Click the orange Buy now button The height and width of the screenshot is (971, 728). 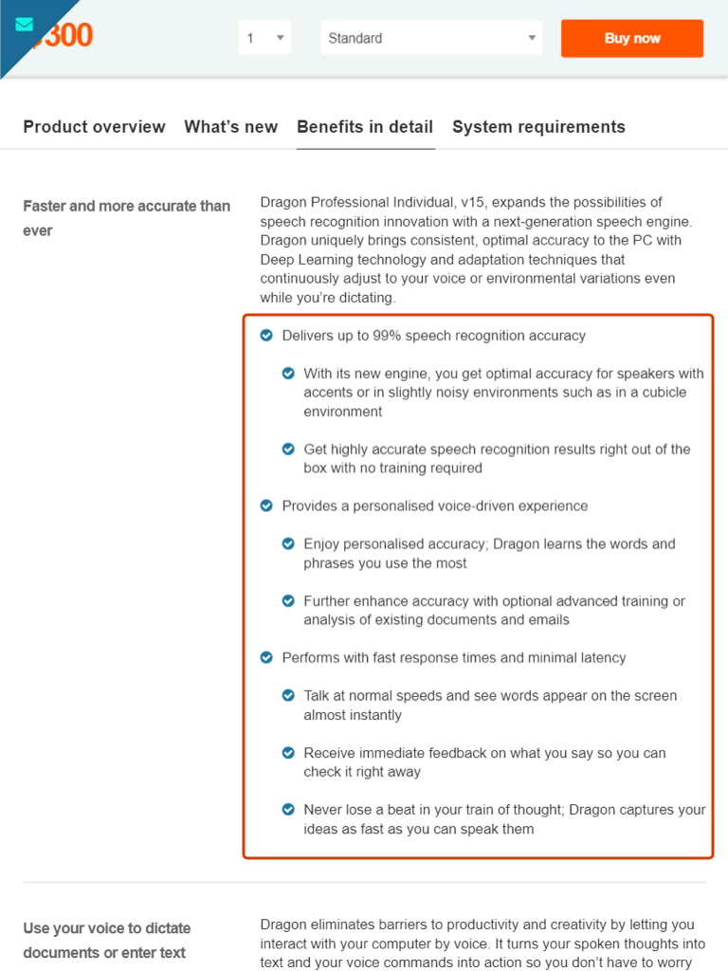pyautogui.click(x=632, y=39)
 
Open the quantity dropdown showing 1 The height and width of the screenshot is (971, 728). pyautogui.click(x=264, y=39)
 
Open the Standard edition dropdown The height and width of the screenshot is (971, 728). pyautogui.click(x=431, y=39)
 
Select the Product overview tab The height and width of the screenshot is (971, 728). pyautogui.click(x=94, y=127)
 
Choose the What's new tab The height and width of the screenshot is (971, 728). pyautogui.click(x=231, y=127)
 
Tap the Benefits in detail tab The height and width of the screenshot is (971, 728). pyautogui.click(x=365, y=127)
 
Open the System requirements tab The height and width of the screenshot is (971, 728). pyautogui.click(x=538, y=127)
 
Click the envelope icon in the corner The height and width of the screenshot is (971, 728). pyautogui.click(x=25, y=25)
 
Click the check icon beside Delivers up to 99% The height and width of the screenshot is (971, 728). pyautogui.click(x=266, y=336)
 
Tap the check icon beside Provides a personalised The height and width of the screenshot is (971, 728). pyautogui.click(x=266, y=506)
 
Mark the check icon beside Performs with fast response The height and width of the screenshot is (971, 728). pyautogui.click(x=266, y=658)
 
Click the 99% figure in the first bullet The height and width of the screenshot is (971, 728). pyautogui.click(x=387, y=336)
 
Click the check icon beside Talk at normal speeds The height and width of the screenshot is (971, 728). pyautogui.click(x=288, y=696)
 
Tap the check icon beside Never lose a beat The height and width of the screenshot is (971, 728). pyautogui.click(x=288, y=810)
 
